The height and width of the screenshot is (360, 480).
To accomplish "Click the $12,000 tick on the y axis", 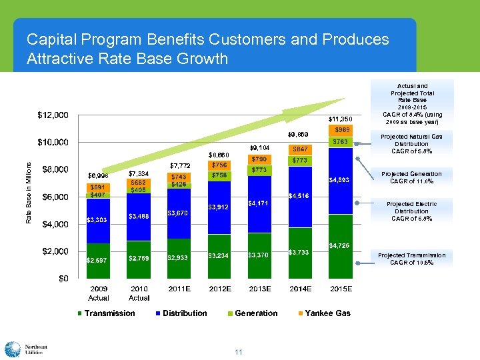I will point(52,115).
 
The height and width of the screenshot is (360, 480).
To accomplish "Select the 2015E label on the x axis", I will point(341,289).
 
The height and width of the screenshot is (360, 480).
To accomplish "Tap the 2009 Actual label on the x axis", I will point(99,293).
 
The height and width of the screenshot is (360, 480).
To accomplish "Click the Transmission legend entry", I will point(106,313).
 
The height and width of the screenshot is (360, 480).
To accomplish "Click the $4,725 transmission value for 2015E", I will point(341,246).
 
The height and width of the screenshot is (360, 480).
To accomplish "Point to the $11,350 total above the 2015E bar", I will point(340,119).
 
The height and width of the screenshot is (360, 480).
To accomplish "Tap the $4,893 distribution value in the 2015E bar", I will point(341,180).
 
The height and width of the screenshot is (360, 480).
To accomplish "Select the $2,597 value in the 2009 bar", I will point(98,260).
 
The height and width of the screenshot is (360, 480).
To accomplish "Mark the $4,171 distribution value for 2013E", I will point(259,203).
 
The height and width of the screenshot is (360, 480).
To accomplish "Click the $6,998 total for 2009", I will point(98,175).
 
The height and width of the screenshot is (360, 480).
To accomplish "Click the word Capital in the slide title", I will point(50,40).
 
